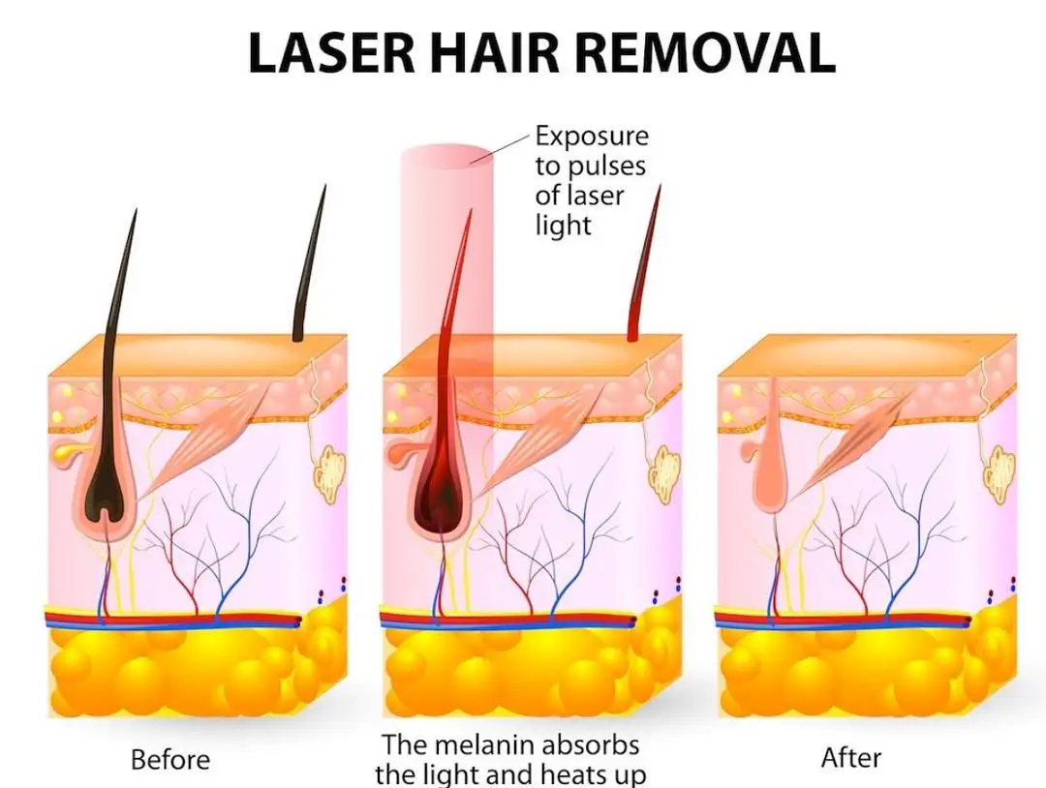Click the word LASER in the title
coord(330,53)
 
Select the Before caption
coord(170,759)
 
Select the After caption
coord(851,757)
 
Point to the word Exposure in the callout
coord(592,136)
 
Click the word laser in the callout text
coord(595,196)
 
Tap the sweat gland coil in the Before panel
coord(329,474)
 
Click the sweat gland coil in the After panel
coord(1000,474)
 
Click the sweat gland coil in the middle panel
coord(664,474)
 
